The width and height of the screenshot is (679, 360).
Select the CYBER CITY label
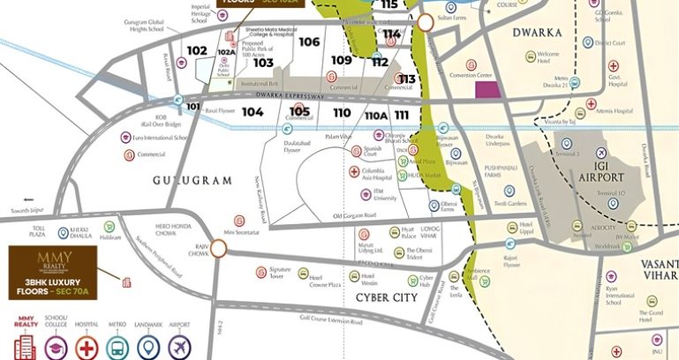pyautogui.click(x=386, y=297)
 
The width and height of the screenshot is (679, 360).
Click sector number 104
pyautogui.click(x=253, y=112)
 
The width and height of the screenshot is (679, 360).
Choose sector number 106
pyautogui.click(x=309, y=41)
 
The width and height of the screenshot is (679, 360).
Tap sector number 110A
pyautogui.click(x=376, y=116)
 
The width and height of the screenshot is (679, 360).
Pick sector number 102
pyautogui.click(x=197, y=50)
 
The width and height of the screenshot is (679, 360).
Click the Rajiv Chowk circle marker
pyautogui.click(x=217, y=251)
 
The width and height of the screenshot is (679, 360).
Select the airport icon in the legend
pyautogui.click(x=180, y=347)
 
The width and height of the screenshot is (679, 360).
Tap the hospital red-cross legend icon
pyautogui.click(x=87, y=347)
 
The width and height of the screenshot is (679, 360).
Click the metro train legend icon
pyautogui.click(x=117, y=347)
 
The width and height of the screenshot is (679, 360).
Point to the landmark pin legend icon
pyautogui.click(x=148, y=347)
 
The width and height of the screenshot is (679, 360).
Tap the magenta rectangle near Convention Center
pyautogui.click(x=486, y=88)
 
